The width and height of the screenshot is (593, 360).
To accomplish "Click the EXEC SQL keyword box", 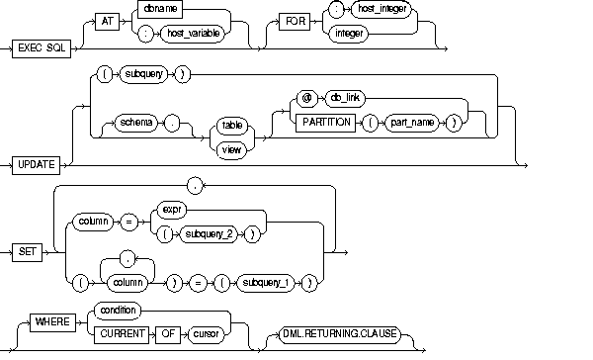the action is pos(42,48).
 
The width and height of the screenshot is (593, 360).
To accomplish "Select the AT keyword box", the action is pos(107,21).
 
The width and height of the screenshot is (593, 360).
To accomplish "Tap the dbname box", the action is pos(160,9).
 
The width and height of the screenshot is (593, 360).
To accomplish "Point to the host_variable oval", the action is pos(193,34).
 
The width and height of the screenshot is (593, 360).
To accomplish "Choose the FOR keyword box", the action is pos(295,21).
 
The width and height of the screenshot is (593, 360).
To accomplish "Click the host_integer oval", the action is pos(381,9).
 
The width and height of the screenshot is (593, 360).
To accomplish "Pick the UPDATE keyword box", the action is pos(36,165).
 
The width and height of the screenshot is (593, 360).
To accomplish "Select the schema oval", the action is pos(135,123).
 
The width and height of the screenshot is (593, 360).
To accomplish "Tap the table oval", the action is pos(232,126).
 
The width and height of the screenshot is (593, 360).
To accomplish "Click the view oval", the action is pos(231,150).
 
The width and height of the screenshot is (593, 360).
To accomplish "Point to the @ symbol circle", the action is pos(306,99).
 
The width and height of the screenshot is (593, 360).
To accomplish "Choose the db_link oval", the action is pos(345,99).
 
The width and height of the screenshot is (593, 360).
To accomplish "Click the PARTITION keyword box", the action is pos(325,123).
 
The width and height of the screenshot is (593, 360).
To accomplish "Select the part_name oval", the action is pos(412,123).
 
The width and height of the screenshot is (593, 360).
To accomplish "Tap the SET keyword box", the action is pos(28,252).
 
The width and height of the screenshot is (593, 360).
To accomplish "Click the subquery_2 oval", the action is pos(209,234).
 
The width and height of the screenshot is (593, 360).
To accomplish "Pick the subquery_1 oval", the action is pos(266,283).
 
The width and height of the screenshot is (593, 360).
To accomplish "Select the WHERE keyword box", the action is pos(52,322).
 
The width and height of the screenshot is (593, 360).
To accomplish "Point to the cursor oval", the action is pos(206,334).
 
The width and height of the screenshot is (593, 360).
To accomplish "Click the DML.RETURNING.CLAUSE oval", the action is pos(340,334).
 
